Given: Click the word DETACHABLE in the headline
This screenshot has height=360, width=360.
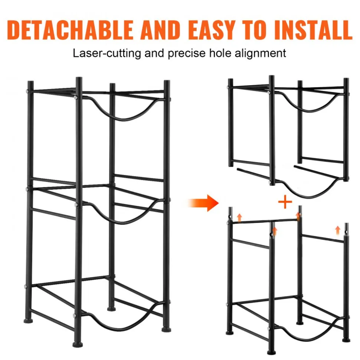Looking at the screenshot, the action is [71, 30].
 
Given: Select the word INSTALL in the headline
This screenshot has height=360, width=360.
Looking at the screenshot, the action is [313, 30].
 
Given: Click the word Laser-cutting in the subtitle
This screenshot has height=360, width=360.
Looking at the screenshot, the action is [107, 53].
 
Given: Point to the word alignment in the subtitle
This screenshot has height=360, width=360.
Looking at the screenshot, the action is [260, 53].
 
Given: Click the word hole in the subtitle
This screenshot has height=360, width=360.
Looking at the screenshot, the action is [220, 53].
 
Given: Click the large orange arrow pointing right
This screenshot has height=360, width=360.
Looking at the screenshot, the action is [203, 203].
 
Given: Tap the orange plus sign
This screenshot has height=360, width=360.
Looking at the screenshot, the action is [285, 202].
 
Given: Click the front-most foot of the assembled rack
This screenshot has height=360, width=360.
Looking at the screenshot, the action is [78, 344].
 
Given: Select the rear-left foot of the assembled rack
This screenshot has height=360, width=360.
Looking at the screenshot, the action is [28, 320].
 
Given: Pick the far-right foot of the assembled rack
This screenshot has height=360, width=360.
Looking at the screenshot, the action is [166, 330].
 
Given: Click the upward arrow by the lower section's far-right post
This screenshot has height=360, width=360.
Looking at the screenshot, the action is [337, 230].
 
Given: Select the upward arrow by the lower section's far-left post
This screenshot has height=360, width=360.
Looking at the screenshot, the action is [239, 218].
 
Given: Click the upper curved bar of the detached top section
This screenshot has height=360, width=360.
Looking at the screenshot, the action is [309, 108].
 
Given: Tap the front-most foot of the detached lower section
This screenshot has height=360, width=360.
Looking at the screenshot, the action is [272, 352].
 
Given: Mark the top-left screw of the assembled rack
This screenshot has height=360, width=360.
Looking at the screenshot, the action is [27, 91].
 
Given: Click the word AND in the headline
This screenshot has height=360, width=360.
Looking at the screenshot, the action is [160, 30].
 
